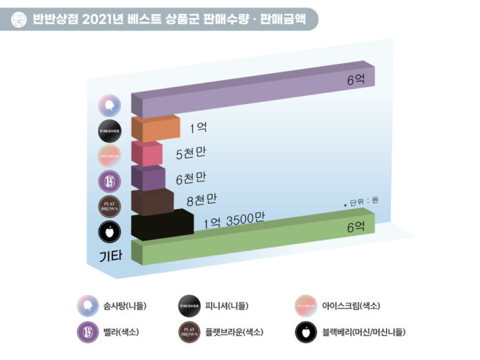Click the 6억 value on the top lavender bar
coord(356,80)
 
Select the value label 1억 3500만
coord(234,222)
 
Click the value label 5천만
coord(191,154)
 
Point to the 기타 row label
coord(110,256)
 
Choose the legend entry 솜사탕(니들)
coord(126,305)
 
